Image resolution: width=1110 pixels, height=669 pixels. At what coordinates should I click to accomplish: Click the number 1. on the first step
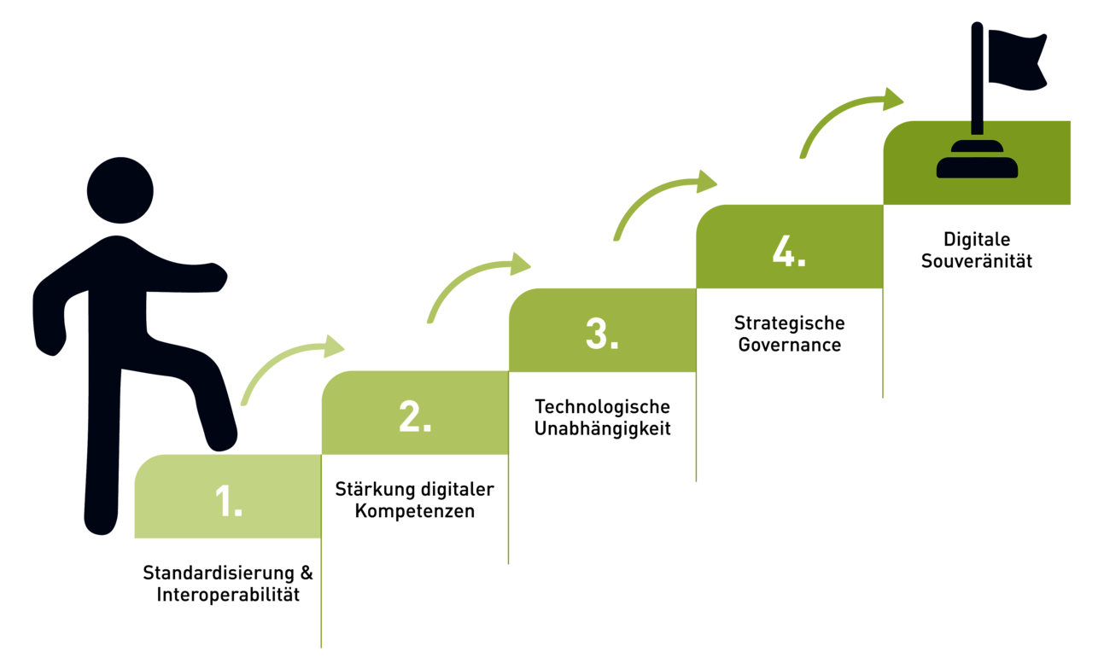tap(229, 501)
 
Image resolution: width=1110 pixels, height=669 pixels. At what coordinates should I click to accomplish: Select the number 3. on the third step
tap(602, 334)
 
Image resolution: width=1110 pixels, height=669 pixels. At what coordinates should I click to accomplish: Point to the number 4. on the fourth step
tap(789, 251)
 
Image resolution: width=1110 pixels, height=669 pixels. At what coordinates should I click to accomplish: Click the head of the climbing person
tap(120, 189)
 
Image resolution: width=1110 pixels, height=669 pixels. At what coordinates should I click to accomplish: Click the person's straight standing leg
tap(102, 461)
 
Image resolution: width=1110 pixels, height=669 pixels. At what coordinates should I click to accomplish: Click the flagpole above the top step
tap(977, 85)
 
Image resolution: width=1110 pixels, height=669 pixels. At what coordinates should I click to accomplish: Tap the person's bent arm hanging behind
tap(51, 316)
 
